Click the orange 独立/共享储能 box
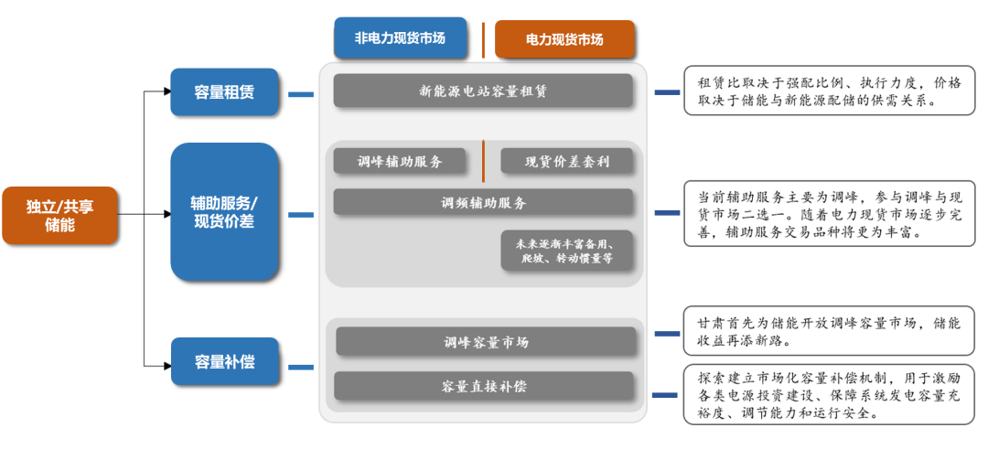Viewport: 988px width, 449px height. tap(59, 216)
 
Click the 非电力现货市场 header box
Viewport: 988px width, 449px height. tap(401, 38)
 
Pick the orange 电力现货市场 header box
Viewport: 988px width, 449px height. tap(564, 39)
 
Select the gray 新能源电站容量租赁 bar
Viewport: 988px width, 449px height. tap(483, 91)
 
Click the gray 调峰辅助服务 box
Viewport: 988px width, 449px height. tap(400, 162)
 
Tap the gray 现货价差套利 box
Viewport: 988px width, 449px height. tap(566, 162)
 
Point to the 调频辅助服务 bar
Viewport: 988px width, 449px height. tap(483, 202)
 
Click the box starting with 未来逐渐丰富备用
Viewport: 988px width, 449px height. tap(567, 251)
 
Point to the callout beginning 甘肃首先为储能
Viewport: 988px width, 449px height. tap(829, 332)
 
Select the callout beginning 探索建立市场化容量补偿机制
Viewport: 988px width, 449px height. tap(829, 394)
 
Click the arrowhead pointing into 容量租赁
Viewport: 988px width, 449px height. tap(166, 91)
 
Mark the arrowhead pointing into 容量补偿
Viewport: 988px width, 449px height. tap(166, 362)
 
